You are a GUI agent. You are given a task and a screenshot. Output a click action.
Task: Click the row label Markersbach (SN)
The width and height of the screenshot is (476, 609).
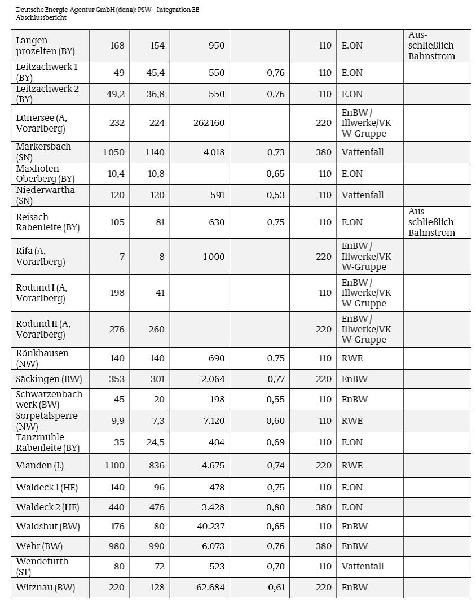43,152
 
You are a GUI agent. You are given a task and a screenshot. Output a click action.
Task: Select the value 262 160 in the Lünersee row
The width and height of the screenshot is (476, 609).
209,123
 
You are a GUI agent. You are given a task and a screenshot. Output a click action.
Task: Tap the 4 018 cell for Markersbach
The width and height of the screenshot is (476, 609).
213,152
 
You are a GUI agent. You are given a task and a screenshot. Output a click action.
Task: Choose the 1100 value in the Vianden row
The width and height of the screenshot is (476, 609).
114,466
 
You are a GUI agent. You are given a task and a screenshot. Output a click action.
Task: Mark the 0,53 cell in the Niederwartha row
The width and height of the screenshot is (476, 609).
276,195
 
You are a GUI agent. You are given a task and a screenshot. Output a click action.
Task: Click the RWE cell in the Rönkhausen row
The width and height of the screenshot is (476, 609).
352,358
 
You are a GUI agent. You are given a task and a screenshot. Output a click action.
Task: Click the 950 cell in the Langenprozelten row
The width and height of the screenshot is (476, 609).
215,46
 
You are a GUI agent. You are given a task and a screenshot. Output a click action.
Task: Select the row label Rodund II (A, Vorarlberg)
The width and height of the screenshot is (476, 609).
43,329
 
